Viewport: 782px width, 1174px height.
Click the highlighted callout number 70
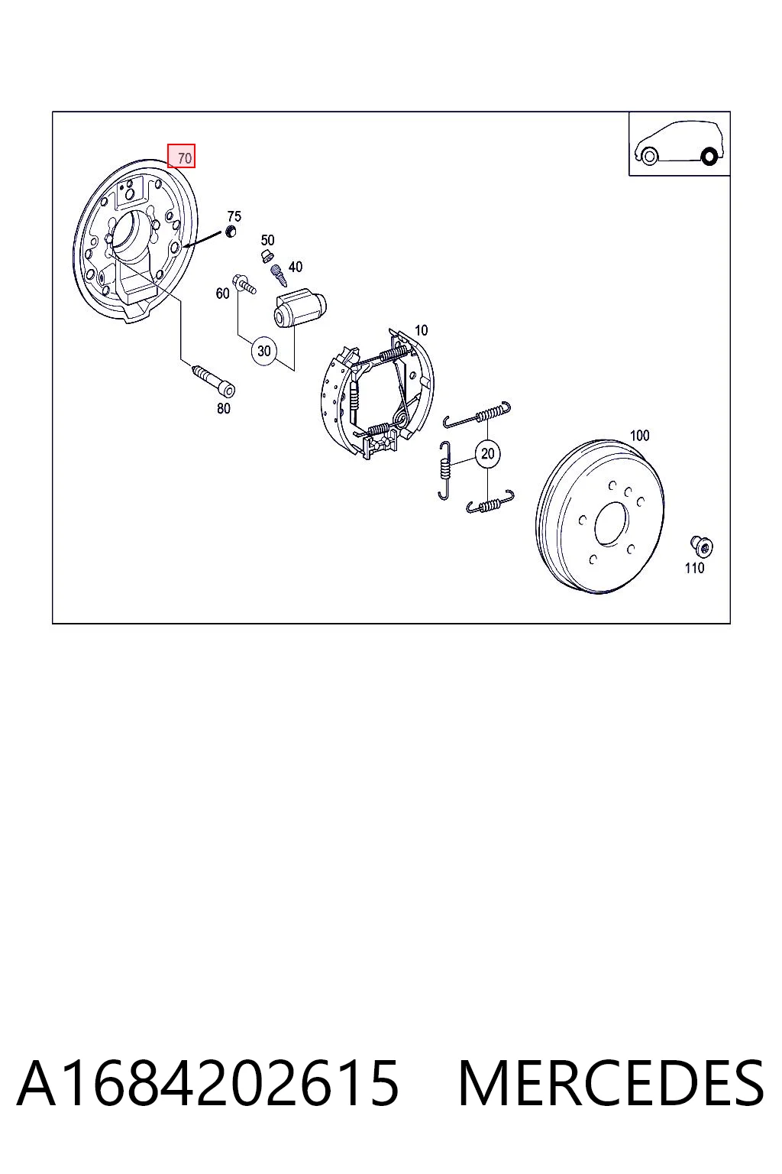click(x=181, y=156)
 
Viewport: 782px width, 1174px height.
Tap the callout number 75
click(x=234, y=216)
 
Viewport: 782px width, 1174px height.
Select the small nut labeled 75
click(x=229, y=231)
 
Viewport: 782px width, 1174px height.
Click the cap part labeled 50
click(x=267, y=256)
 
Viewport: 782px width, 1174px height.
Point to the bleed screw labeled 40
click(x=279, y=276)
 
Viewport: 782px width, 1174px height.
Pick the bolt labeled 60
click(x=244, y=283)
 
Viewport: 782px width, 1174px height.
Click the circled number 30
click(x=264, y=350)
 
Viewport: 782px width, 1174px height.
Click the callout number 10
click(x=421, y=331)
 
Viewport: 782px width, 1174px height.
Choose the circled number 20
click(x=488, y=453)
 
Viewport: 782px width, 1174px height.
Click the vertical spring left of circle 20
click(x=444, y=470)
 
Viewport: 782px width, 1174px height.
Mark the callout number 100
click(x=639, y=436)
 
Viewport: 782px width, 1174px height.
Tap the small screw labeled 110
click(x=701, y=546)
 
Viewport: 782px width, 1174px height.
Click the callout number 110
click(x=694, y=568)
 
